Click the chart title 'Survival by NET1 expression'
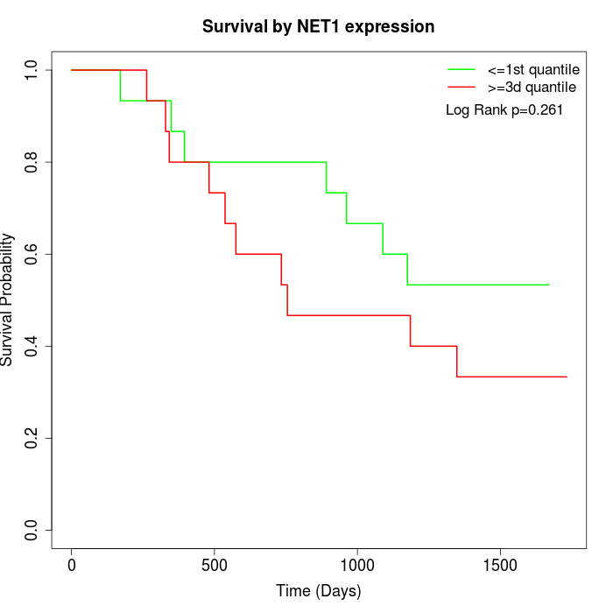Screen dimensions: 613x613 (x=318, y=26)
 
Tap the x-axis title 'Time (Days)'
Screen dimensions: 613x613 (x=318, y=591)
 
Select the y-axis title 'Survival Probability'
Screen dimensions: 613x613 (x=8, y=299)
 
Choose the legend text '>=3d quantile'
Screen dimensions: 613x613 (x=532, y=87)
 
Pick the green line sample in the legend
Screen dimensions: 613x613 (x=462, y=68)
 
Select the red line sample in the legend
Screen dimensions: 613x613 (x=462, y=87)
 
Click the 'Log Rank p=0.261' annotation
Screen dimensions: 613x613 (x=504, y=109)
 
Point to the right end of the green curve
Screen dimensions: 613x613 (x=549, y=285)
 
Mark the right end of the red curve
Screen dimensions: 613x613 (x=567, y=377)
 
